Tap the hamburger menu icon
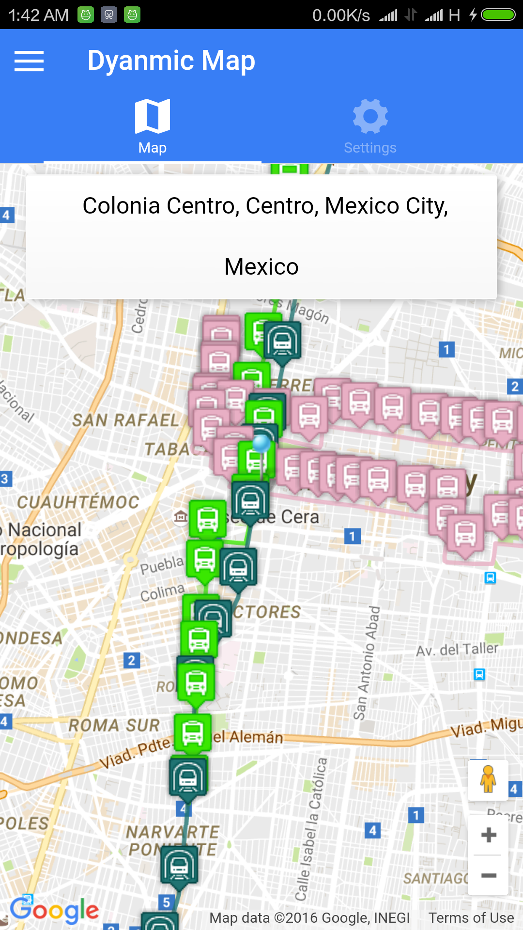pos(29,61)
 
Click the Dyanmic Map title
pos(171,61)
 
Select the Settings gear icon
pos(370,116)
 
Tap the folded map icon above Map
pos(153,116)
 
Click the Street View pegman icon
pos(488,779)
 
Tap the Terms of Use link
pos(471,918)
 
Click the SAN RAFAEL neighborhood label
pos(125,420)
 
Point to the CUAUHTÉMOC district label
pos(78,502)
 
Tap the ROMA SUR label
pos(114,725)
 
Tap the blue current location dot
pos(261,443)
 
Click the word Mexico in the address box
pos(261,267)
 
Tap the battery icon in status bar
pos(498,15)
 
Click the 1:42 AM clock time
pos(39,15)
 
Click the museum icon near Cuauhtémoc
pos(181,517)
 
